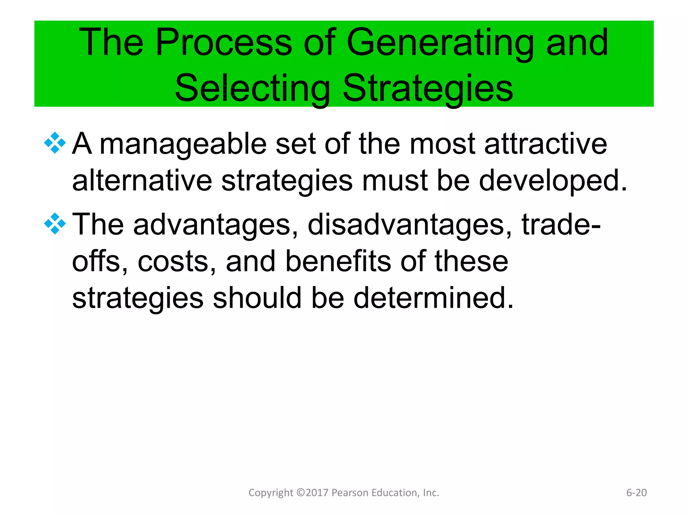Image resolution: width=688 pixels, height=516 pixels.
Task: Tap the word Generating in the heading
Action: [440, 43]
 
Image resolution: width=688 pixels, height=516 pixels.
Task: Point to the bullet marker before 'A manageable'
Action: [55, 143]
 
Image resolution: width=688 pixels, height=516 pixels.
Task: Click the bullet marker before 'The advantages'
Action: [55, 224]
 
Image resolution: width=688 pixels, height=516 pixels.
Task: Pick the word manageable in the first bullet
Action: [183, 144]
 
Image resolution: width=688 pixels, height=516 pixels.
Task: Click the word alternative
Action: [142, 181]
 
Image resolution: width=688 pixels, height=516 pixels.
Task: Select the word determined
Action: [433, 298]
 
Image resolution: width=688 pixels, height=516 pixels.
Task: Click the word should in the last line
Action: [257, 298]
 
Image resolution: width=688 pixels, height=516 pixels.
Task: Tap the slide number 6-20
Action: [636, 492]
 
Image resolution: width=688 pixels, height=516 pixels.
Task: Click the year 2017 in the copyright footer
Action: [317, 492]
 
